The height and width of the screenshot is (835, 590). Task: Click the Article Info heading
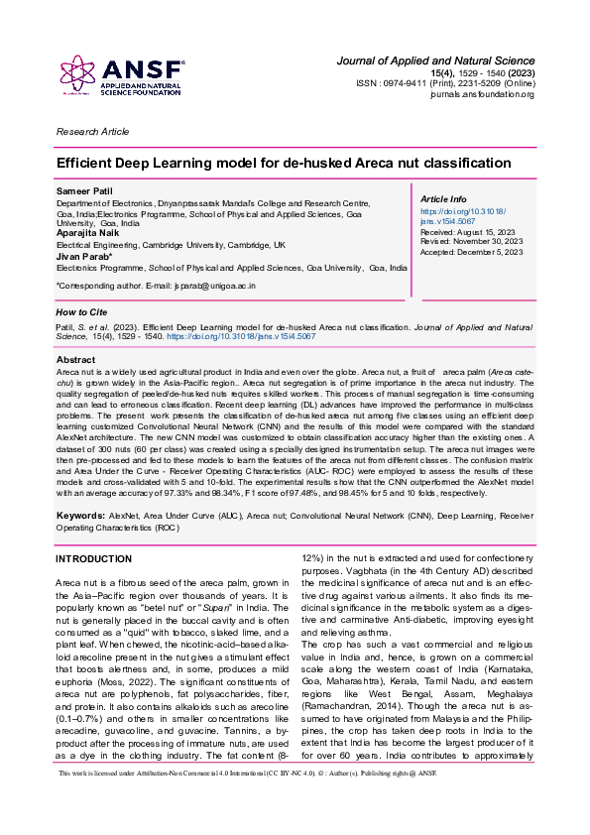(x=444, y=199)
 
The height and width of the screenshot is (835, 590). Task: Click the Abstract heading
(x=76, y=359)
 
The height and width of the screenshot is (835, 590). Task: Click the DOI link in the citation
(x=264, y=337)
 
